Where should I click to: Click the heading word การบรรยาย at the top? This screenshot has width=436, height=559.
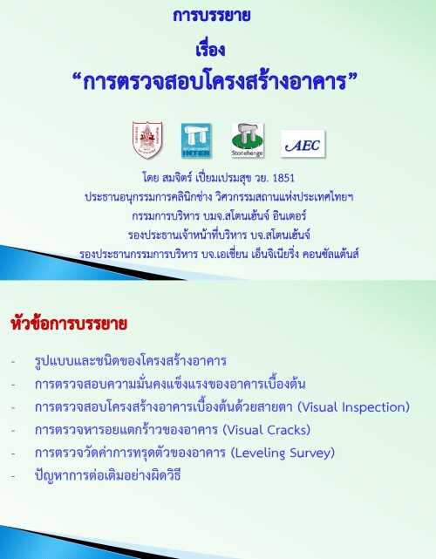(211, 16)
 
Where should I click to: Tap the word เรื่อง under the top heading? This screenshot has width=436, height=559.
(210, 49)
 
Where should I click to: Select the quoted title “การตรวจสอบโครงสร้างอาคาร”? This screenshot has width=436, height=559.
(215, 82)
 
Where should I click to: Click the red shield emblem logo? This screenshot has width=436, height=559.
(147, 140)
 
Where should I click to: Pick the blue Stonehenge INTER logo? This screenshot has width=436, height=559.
(196, 140)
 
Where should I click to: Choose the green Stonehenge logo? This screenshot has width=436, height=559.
(248, 140)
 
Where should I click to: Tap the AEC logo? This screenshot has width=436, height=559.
(303, 144)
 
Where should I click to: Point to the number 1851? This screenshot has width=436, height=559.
(283, 178)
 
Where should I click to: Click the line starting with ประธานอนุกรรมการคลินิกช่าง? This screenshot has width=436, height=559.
(219, 197)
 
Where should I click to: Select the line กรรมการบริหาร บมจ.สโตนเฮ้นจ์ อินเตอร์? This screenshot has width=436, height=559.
(219, 216)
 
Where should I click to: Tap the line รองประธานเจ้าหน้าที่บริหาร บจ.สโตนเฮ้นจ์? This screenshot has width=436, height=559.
(219, 235)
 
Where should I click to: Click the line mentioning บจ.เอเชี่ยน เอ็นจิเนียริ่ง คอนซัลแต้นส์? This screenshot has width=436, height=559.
(219, 254)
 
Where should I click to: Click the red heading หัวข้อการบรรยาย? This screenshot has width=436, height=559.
(69, 324)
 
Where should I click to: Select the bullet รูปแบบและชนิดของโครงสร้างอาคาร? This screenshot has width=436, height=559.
(131, 361)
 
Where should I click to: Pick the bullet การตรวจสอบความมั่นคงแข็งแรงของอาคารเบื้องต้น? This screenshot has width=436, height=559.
(170, 384)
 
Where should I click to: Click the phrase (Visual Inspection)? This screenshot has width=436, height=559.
(354, 407)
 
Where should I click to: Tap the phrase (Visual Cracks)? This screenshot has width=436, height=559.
(267, 430)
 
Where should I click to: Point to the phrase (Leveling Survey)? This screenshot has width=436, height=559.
(283, 453)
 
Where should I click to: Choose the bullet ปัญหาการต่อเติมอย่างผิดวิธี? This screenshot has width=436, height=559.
(107, 475)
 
